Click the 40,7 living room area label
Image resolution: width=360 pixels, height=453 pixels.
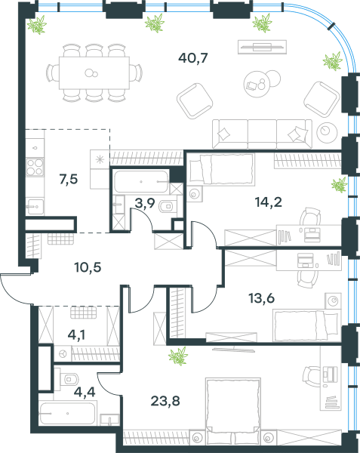(x=193, y=58)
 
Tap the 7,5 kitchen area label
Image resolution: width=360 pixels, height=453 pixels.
(x=69, y=180)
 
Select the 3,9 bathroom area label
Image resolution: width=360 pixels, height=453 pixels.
(x=145, y=203)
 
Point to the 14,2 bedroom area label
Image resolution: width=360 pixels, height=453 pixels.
(x=269, y=202)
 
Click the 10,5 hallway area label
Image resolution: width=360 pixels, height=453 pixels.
(x=88, y=267)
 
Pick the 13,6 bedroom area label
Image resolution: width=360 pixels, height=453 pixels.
(x=262, y=298)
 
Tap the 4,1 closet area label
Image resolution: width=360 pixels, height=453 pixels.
(x=76, y=335)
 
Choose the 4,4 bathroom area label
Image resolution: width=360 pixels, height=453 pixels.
(x=85, y=393)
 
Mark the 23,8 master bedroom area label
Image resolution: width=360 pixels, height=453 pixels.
(x=165, y=401)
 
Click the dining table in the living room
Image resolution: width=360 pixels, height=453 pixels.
(x=94, y=72)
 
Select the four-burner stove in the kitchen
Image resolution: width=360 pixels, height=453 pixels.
(x=35, y=167)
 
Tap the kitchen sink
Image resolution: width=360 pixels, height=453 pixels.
(x=35, y=207)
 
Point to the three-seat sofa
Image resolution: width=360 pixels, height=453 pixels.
(x=262, y=134)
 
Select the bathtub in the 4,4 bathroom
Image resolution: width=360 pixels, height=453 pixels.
(x=68, y=414)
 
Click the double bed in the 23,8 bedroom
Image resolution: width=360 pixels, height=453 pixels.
(x=233, y=411)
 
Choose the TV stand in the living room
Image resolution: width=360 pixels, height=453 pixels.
(x=262, y=47)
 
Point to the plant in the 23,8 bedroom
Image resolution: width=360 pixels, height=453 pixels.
(x=178, y=356)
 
